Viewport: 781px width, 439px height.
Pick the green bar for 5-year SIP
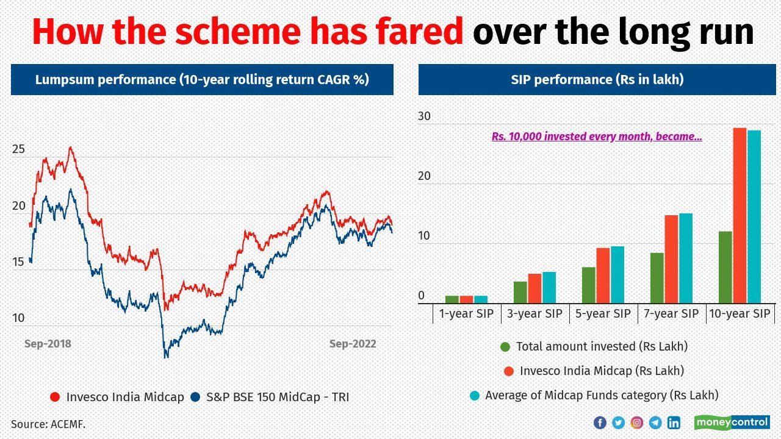(x=589, y=285)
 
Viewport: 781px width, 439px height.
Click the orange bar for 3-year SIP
(x=535, y=288)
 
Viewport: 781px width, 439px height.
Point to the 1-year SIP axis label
(x=466, y=313)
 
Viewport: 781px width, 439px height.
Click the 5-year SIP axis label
(x=603, y=313)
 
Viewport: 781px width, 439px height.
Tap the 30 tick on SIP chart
(x=424, y=116)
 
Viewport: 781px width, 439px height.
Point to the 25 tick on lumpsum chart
(x=18, y=149)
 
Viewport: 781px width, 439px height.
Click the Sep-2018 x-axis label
(x=48, y=344)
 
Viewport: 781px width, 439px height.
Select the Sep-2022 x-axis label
(x=353, y=344)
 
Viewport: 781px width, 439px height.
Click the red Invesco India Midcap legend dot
(x=55, y=397)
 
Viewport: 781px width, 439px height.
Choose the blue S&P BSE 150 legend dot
(x=195, y=397)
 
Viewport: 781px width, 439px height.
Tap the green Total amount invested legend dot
(x=505, y=346)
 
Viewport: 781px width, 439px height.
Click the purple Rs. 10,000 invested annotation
(x=597, y=137)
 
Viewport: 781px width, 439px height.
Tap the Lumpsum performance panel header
(x=202, y=79)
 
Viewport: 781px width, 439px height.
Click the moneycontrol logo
(x=732, y=422)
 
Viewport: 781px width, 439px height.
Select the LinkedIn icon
(x=674, y=423)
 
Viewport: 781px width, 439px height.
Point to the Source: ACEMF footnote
(x=48, y=424)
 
